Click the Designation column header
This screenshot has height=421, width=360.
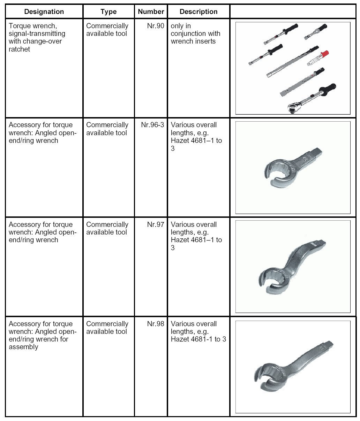point(44,12)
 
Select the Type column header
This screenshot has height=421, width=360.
point(108,12)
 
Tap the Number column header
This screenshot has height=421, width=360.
point(151,12)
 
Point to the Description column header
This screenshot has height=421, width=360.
point(198,12)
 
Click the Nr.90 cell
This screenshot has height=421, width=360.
point(156,26)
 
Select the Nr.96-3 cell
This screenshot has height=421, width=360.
point(152,125)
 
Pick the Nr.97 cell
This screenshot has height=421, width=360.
point(156,224)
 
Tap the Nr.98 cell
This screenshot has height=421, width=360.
point(156,324)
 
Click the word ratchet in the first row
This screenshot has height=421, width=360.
point(20,49)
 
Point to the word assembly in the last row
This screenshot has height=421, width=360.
point(23,347)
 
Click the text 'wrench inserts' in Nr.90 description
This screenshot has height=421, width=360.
point(193,41)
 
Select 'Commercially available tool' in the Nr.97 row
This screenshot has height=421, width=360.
point(107,228)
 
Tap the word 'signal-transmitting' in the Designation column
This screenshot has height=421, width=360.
point(37,34)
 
